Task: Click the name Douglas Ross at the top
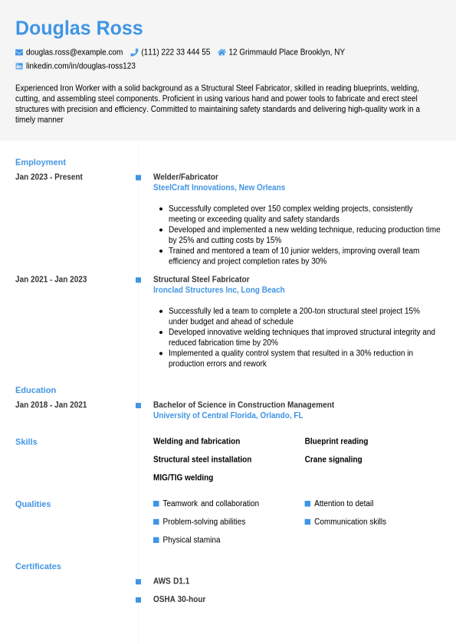coord(79,28)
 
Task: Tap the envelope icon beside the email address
coord(19,52)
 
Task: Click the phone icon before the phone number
coord(134,52)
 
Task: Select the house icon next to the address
coord(221,52)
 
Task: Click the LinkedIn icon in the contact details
coord(19,66)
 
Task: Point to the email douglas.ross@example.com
coord(74,52)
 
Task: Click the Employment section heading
coord(41,162)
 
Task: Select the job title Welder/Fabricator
coord(185,177)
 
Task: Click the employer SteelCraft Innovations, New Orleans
coord(219,188)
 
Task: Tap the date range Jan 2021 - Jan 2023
coord(51,280)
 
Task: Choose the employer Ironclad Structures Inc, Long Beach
coord(219,290)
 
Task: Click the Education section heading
coord(35,390)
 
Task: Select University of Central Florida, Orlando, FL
coord(228,416)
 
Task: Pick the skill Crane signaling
coord(333,459)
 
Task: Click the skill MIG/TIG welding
coord(183,478)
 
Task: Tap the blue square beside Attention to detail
coord(307,504)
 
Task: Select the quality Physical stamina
coord(192,540)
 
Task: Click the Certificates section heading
coord(38,567)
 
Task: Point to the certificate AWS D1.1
coord(171,581)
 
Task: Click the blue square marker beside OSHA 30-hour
coord(139,600)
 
